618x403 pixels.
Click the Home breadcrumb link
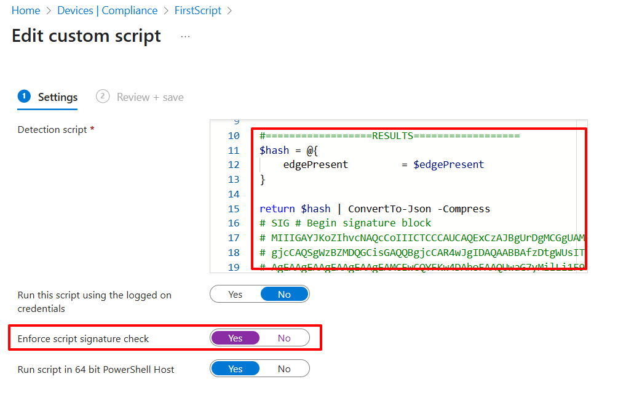26,10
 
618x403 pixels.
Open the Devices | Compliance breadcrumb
107,10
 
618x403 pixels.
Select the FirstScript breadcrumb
197,10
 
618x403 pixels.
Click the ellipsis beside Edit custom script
185,37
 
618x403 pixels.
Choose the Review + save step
149,97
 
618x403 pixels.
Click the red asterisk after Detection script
92,129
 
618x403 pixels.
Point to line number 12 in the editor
233,165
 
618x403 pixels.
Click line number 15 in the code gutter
233,209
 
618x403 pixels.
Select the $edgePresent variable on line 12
448,165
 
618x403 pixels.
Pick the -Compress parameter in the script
461,209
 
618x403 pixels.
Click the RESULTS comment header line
390,136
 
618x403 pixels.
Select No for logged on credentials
284,294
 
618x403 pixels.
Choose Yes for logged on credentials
236,294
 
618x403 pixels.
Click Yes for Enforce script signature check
236,338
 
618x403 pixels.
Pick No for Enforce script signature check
284,338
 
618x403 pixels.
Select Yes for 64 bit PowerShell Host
236,369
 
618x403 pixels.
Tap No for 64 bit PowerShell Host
284,369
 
